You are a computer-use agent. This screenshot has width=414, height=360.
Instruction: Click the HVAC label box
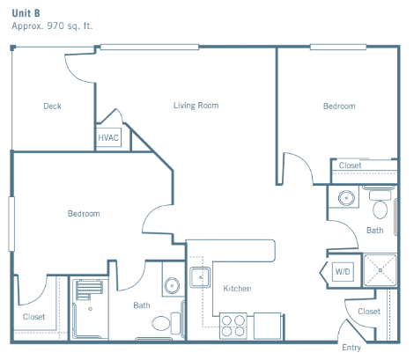click(108, 137)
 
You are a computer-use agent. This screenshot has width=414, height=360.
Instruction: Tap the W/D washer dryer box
click(343, 272)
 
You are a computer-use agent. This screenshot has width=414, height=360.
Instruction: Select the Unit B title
click(26, 13)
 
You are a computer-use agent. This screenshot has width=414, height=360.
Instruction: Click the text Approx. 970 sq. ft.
click(52, 26)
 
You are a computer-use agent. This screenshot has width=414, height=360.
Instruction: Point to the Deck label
click(52, 106)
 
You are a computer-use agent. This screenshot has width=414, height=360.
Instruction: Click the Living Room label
click(196, 106)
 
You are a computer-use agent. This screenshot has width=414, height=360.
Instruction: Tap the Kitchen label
click(237, 289)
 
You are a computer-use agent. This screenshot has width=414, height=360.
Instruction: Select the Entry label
click(351, 348)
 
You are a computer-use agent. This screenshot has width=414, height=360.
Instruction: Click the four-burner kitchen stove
click(233, 326)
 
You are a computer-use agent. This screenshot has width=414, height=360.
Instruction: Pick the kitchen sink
click(200, 277)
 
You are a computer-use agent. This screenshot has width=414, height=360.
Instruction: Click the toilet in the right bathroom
click(381, 205)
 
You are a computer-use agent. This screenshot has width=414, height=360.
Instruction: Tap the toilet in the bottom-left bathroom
click(166, 323)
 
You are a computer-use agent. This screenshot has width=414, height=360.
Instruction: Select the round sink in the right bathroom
click(346, 198)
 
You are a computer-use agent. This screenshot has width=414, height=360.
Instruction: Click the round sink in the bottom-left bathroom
click(172, 285)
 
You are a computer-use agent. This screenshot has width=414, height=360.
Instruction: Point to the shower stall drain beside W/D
click(380, 270)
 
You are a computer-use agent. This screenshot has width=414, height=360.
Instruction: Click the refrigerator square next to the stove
click(267, 326)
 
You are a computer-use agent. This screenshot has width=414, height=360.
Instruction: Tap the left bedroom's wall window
click(11, 224)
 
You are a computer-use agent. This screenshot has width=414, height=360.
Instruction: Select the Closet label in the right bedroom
click(350, 165)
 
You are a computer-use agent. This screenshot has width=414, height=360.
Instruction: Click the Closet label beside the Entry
click(369, 312)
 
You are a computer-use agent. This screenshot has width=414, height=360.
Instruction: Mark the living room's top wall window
click(150, 47)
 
